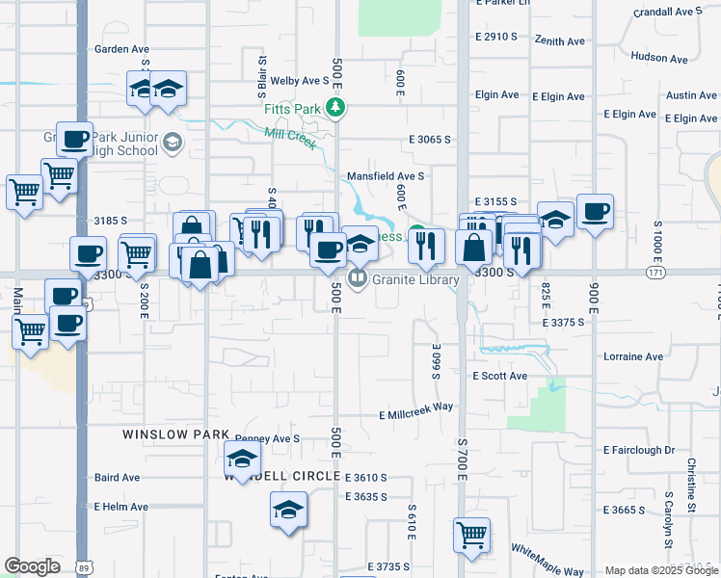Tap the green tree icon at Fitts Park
click(x=337, y=109)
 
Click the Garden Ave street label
click(x=121, y=48)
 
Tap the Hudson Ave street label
click(x=659, y=57)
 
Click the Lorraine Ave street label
click(x=633, y=356)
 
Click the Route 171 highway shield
click(x=656, y=274)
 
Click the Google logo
click(x=32, y=566)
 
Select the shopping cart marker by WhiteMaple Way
click(x=471, y=535)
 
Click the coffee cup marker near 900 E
click(x=595, y=212)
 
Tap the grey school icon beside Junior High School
click(x=173, y=144)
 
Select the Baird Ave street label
click(x=117, y=477)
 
